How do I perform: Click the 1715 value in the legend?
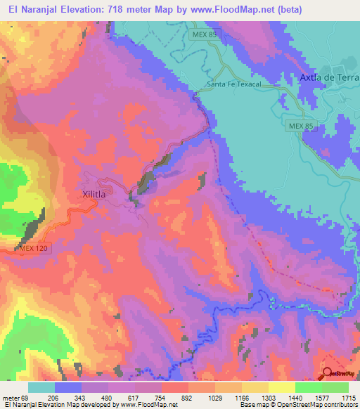[x=347, y=397]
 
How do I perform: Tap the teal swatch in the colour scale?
[x=41, y=387]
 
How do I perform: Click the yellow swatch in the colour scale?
[x=282, y=387]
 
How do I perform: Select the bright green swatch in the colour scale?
[x=309, y=387]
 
